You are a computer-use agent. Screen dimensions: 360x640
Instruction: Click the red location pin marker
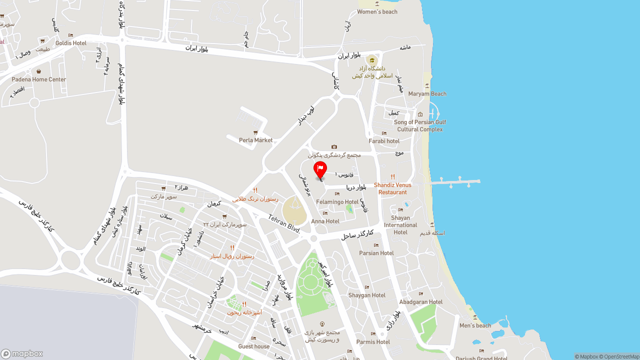[320, 169]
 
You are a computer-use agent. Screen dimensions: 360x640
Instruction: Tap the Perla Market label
[255, 140]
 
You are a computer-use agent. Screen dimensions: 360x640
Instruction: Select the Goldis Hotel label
[71, 43]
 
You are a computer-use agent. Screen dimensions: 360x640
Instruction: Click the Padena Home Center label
[39, 79]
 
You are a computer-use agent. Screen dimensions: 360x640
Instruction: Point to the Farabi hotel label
[384, 141]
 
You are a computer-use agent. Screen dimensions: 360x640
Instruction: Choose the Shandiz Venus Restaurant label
[392, 188]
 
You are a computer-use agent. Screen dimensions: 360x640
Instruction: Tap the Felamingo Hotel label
[337, 202]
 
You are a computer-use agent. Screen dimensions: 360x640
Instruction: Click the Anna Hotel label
[325, 221]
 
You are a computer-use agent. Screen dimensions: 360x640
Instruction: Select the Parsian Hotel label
[376, 253]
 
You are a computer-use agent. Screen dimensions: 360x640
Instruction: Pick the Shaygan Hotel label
[367, 295]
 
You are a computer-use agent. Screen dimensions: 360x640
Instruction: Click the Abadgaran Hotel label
[421, 302]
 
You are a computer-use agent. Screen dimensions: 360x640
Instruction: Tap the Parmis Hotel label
[373, 342]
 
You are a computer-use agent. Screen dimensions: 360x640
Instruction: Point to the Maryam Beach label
[427, 93]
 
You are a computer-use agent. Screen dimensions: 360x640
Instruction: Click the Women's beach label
[377, 11]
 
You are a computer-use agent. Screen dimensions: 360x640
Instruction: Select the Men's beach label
[475, 325]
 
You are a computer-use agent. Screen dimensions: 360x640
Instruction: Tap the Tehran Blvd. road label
[284, 223]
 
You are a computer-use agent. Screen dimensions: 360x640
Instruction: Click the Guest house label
[254, 346]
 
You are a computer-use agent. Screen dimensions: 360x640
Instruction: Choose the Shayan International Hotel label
[400, 225]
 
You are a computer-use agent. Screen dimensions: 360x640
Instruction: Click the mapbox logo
[22, 353]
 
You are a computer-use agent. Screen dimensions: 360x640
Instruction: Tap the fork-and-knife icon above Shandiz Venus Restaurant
[393, 177]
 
